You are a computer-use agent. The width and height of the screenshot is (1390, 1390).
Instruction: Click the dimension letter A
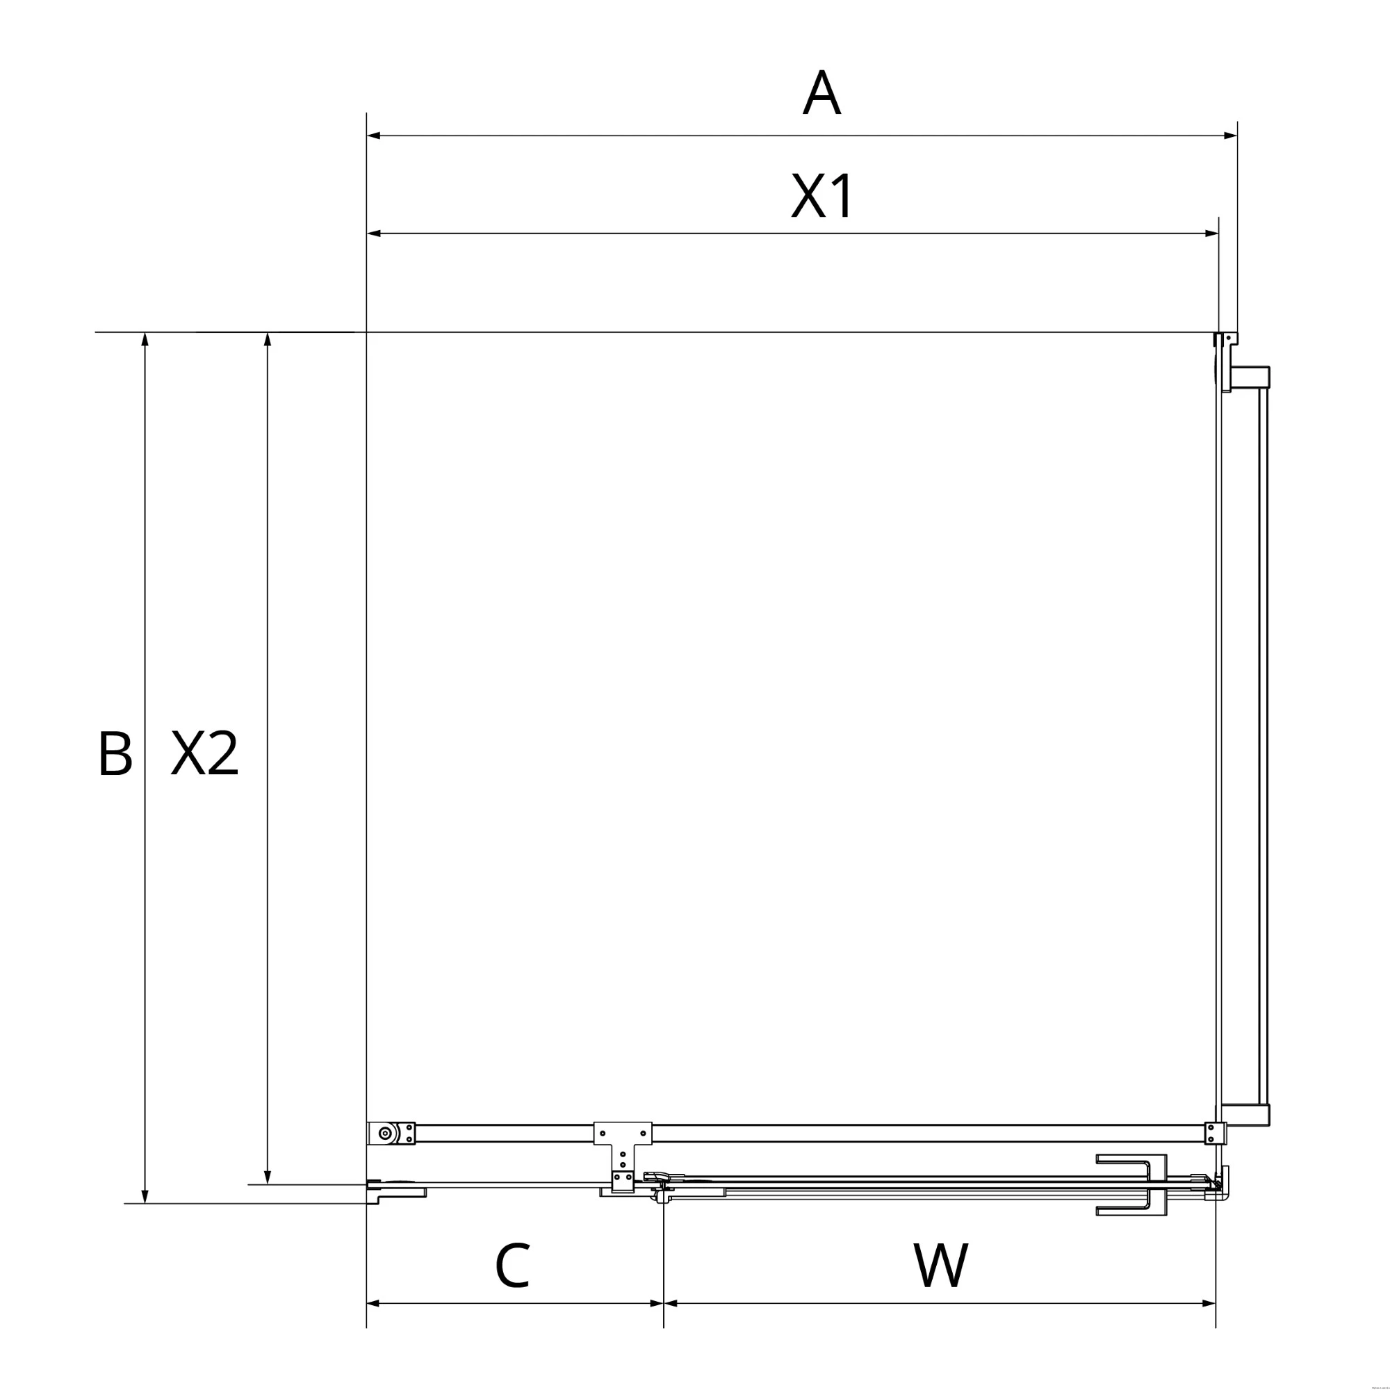click(821, 93)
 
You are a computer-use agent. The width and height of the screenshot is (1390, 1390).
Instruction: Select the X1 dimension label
click(822, 195)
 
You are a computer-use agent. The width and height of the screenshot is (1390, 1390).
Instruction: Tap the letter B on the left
click(115, 753)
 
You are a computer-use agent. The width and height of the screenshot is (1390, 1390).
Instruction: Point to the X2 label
click(204, 753)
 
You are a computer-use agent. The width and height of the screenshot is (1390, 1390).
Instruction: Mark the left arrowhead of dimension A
click(373, 136)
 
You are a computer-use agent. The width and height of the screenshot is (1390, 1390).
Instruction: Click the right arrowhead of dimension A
click(1230, 136)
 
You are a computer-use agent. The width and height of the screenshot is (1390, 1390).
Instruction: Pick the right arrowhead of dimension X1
click(1211, 233)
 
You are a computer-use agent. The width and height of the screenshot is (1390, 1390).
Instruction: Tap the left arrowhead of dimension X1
click(373, 233)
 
